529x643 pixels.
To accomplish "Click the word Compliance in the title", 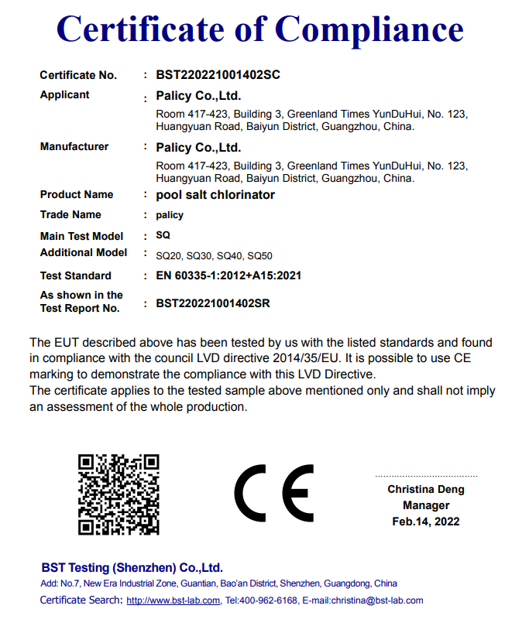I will click(369, 29).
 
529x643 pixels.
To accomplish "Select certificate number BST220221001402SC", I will click(218, 75).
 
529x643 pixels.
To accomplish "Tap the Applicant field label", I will click(64, 94).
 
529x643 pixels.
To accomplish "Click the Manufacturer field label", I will click(74, 146).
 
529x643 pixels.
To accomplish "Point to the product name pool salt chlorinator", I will click(215, 195).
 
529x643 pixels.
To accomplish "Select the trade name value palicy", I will click(170, 215).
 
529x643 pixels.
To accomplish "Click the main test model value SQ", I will click(163, 235).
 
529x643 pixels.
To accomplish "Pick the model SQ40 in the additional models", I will click(229, 255).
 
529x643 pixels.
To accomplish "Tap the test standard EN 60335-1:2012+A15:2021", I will click(228, 275).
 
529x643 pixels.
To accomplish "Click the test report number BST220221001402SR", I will click(213, 303).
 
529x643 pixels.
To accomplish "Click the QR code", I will click(119, 494).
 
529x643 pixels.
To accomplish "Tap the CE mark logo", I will click(273, 494).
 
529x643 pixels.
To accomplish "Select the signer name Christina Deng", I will click(426, 489).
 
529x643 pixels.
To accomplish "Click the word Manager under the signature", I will click(426, 505).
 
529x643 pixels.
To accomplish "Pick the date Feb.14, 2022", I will click(426, 522).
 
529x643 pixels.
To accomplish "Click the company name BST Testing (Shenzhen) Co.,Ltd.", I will click(132, 567).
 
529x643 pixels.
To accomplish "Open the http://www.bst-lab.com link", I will click(173, 600).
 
